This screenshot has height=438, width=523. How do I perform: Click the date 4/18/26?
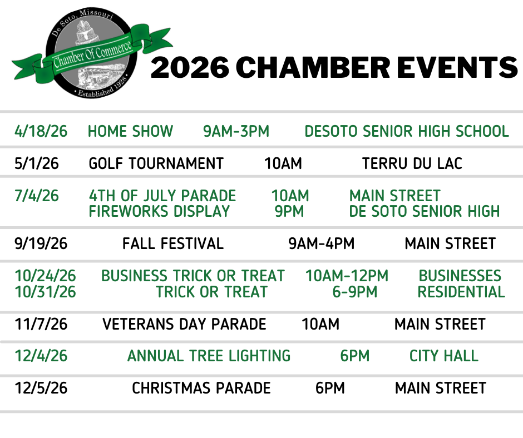point(41,131)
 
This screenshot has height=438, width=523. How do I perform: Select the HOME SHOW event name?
point(130,131)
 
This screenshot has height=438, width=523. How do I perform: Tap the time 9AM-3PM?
point(236,131)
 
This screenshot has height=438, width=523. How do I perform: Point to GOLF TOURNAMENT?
point(156,163)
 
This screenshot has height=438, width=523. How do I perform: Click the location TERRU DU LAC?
point(412,163)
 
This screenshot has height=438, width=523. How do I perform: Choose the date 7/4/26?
point(37,196)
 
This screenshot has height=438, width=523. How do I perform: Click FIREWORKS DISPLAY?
point(160,211)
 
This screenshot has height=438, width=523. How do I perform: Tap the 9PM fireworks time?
point(289,211)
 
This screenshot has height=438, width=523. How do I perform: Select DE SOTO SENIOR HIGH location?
point(425,211)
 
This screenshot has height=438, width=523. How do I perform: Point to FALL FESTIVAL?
point(173,243)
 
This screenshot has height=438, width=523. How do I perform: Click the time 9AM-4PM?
point(322,243)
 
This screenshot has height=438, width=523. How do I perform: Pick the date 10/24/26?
point(46,276)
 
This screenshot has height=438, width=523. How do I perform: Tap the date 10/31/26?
point(46,292)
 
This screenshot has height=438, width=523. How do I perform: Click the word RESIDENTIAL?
point(461,292)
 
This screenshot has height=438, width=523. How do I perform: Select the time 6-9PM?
point(355,292)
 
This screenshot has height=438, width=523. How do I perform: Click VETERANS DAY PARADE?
point(185,324)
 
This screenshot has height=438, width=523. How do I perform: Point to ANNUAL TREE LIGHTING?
point(209,356)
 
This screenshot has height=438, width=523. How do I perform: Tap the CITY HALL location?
point(444,356)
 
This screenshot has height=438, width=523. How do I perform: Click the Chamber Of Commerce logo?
point(92,54)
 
